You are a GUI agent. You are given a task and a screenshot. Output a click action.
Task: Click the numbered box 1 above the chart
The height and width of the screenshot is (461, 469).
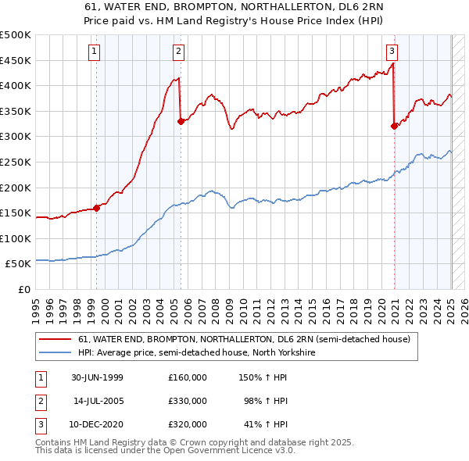click(94, 52)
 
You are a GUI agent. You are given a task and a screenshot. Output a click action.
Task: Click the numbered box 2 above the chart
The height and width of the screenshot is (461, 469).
click(178, 52)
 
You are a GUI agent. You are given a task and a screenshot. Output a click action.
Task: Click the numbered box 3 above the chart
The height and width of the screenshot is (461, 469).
click(392, 52)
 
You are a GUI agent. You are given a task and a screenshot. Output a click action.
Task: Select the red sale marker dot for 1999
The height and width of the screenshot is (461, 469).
click(97, 208)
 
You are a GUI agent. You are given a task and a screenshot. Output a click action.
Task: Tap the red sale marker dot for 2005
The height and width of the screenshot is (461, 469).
click(181, 121)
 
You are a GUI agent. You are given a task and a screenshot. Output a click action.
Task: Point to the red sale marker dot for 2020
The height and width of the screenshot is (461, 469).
click(395, 126)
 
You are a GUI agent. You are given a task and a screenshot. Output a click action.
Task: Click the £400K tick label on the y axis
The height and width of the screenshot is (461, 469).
click(16, 86)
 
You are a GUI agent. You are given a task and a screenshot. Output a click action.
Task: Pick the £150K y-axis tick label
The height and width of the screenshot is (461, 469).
click(16, 213)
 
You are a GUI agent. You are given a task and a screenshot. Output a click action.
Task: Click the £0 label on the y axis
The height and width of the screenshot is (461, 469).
click(24, 290)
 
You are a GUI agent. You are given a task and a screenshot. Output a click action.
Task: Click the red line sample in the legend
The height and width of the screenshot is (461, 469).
click(55, 340)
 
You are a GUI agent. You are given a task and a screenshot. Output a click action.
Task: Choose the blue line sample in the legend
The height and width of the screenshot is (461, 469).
click(55, 353)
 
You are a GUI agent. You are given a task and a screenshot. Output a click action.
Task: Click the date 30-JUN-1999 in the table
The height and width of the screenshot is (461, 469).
click(97, 377)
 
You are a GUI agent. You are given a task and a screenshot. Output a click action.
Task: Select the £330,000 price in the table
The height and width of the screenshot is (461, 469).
click(188, 401)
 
